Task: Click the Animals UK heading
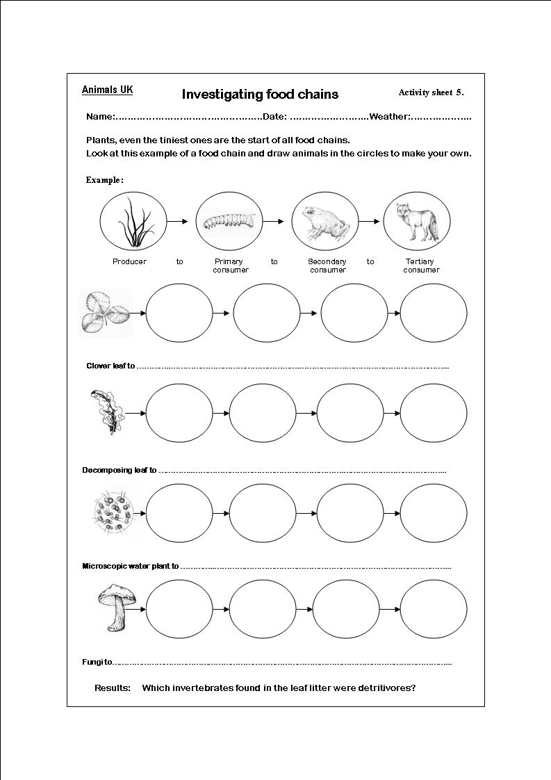(107, 90)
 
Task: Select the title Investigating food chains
(260, 94)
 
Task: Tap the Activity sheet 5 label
(431, 92)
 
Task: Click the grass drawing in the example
(133, 222)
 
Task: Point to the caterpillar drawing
(228, 222)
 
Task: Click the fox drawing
(417, 222)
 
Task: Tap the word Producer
(129, 262)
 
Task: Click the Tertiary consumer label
(420, 266)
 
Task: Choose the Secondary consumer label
(327, 266)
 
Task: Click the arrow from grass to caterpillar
(178, 222)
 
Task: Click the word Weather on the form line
(389, 117)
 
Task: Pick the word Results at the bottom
(113, 688)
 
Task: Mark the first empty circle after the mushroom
(179, 609)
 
